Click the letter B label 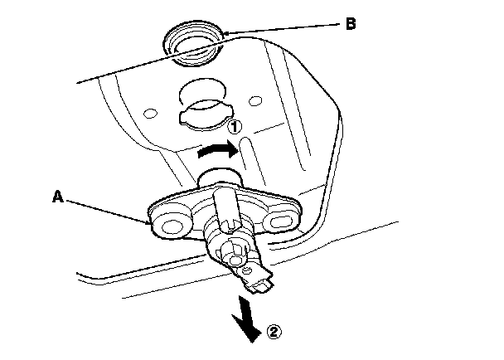(x=351, y=24)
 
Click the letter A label (x=58, y=197)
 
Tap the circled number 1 (x=235, y=126)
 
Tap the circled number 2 (x=274, y=332)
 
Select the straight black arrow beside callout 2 (x=247, y=319)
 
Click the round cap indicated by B (x=193, y=43)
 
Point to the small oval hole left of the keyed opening (x=150, y=114)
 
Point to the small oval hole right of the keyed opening (x=255, y=100)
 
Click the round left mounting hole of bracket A (x=172, y=226)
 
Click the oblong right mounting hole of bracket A (x=281, y=222)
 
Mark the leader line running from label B (x=282, y=28)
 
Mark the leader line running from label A (x=108, y=212)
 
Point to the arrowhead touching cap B (x=225, y=33)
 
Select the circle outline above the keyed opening (x=203, y=92)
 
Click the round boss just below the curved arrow (x=220, y=177)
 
